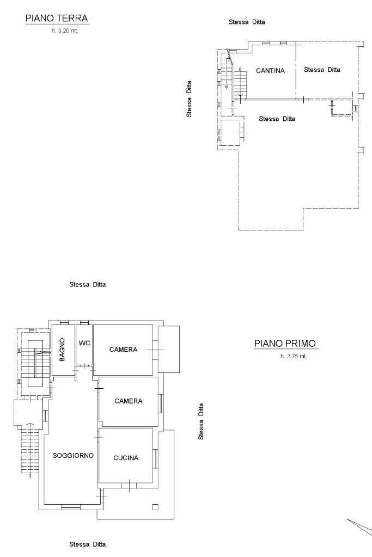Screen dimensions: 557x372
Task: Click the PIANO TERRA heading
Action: click(57, 19)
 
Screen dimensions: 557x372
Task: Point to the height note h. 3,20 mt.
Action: click(65, 31)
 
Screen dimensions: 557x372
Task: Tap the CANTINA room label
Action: click(270, 70)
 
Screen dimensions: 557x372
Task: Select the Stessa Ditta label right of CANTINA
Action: click(322, 70)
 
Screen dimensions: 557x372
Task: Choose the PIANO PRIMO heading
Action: click(285, 344)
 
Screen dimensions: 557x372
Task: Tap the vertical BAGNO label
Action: click(62, 350)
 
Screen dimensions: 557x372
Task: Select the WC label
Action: click(84, 343)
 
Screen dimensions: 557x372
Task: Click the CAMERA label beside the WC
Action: click(123, 350)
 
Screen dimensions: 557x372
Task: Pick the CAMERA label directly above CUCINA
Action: click(129, 401)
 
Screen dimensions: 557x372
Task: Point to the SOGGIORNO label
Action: click(74, 455)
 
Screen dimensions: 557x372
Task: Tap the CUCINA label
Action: click(126, 458)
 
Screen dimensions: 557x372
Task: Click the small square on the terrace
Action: click(155, 507)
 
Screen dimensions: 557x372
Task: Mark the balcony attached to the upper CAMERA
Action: click(168, 350)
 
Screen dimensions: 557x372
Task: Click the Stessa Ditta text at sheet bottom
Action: click(88, 544)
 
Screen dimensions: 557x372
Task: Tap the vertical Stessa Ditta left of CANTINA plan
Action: click(189, 100)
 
